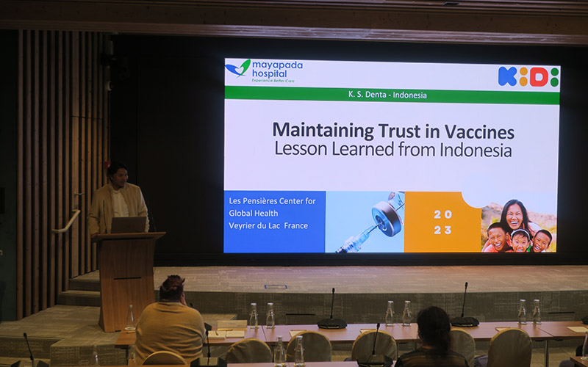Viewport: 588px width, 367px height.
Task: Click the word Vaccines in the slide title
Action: tap(479, 131)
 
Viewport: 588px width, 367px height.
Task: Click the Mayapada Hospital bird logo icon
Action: tap(238, 68)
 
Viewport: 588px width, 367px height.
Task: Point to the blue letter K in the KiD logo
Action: tap(507, 76)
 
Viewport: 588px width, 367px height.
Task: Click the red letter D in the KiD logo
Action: tap(539, 76)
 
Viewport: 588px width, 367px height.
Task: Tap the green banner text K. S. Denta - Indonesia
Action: tap(387, 95)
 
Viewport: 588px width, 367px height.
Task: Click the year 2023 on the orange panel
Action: tap(443, 222)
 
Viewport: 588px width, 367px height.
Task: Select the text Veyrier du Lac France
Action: tap(268, 226)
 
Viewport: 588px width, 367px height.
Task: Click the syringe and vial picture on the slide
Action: tap(365, 222)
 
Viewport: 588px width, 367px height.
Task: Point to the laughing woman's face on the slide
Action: tap(514, 217)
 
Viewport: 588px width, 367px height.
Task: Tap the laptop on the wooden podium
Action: tap(128, 225)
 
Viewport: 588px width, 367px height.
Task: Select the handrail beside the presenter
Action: tap(68, 222)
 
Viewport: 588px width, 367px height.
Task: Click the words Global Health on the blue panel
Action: tap(254, 214)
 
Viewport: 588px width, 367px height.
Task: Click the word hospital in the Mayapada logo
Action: tap(269, 74)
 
